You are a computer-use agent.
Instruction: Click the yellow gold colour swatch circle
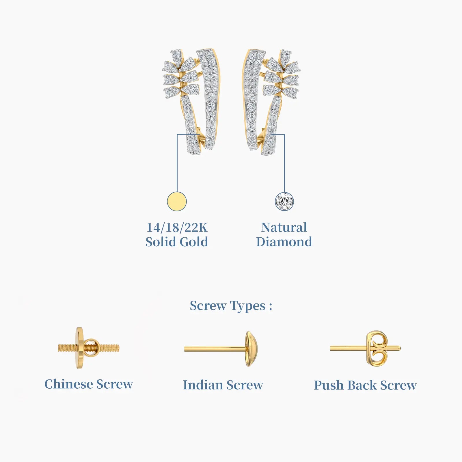tap(177, 201)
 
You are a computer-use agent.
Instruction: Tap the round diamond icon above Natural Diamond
tap(284, 201)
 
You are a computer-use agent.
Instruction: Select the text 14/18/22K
tap(177, 228)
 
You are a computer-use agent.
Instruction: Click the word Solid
tap(161, 242)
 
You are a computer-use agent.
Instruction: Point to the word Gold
tap(193, 242)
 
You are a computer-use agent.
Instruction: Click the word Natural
tap(284, 228)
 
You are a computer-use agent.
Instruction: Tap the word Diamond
tap(284, 242)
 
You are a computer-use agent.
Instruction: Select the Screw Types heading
tap(231, 306)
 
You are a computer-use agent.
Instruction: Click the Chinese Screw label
tap(89, 384)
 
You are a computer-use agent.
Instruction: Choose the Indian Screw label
tap(223, 385)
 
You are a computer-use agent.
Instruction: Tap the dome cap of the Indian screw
tap(251, 349)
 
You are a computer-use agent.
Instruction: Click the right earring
tap(271, 102)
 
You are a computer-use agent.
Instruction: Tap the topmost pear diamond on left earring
tap(176, 54)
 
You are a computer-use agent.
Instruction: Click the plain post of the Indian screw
tap(215, 349)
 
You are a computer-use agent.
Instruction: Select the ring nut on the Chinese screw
tap(92, 348)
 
